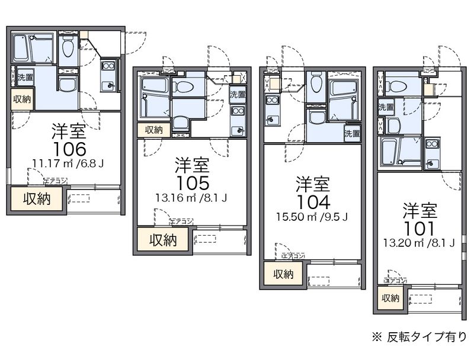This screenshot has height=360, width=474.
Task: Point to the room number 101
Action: pos(420,227)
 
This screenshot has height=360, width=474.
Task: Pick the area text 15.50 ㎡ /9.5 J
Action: pos(312,217)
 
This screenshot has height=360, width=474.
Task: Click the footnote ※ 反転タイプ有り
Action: pos(419,337)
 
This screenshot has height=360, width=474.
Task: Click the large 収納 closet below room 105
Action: pos(162,240)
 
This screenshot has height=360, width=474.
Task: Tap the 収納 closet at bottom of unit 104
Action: pos(283,274)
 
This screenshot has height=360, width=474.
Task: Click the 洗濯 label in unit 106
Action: pos(25,78)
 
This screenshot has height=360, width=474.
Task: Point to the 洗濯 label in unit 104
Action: pos(352,133)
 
